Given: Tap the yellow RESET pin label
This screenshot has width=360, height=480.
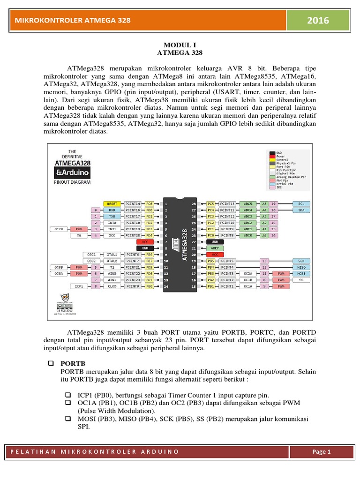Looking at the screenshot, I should [x=112, y=204].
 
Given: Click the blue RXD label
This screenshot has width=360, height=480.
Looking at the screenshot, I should [x=112, y=210].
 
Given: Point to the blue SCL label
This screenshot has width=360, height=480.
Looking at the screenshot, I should [x=300, y=204].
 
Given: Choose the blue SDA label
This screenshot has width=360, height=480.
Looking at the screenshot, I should [x=300, y=210].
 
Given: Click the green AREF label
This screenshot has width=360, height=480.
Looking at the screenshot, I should [x=215, y=247].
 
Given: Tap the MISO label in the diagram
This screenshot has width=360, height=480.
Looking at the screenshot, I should [x=300, y=267].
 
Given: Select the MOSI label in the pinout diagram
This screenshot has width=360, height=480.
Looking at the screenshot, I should [x=300, y=273].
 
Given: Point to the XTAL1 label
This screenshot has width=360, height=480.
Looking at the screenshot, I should [x=112, y=254].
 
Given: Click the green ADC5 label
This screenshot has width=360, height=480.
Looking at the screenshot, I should [x=248, y=204].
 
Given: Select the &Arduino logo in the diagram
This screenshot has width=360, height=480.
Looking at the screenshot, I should [x=73, y=172].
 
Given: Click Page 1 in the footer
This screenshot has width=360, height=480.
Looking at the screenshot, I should [x=322, y=452].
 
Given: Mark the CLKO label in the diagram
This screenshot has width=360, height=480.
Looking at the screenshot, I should [x=112, y=286].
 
